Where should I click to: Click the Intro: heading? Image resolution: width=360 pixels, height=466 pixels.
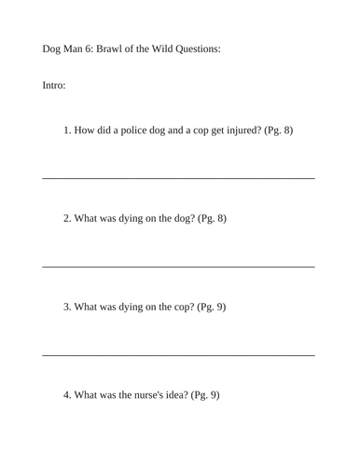click(54, 86)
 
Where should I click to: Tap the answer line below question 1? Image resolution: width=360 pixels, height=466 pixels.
click(178, 178)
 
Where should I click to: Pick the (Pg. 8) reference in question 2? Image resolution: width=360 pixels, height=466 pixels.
click(213, 219)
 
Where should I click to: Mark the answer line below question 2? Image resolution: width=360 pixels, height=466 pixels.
click(178, 267)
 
